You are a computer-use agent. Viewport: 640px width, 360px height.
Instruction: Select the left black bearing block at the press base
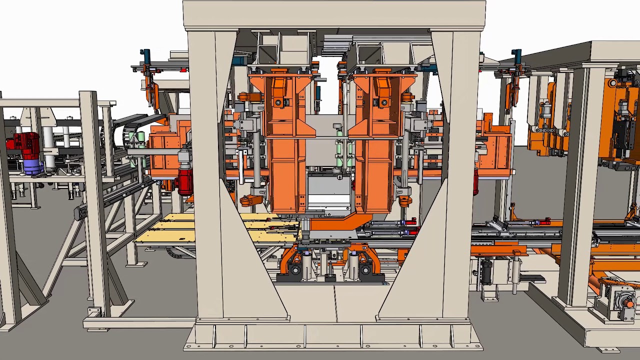coord(294,270)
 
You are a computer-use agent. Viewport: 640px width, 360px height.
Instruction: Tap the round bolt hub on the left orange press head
coord(279,102)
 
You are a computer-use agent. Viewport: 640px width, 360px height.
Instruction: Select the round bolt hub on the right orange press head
coord(383,102)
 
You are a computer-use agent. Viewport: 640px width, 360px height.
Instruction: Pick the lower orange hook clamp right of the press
coord(405,201)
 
